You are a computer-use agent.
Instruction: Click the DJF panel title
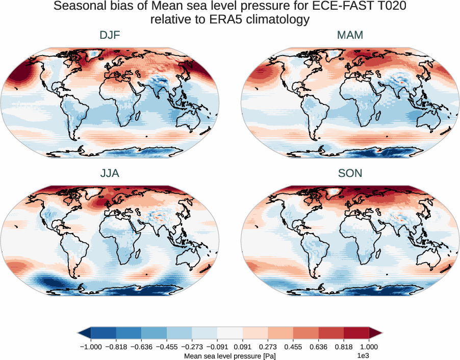point(110,36)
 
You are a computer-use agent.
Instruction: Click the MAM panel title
point(350,36)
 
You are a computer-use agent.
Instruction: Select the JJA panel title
point(110,173)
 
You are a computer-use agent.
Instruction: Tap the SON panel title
point(350,173)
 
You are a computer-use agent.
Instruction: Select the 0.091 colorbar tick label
point(242,346)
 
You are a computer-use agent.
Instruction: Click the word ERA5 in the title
point(213,20)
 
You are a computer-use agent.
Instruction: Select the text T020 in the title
point(390,7)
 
